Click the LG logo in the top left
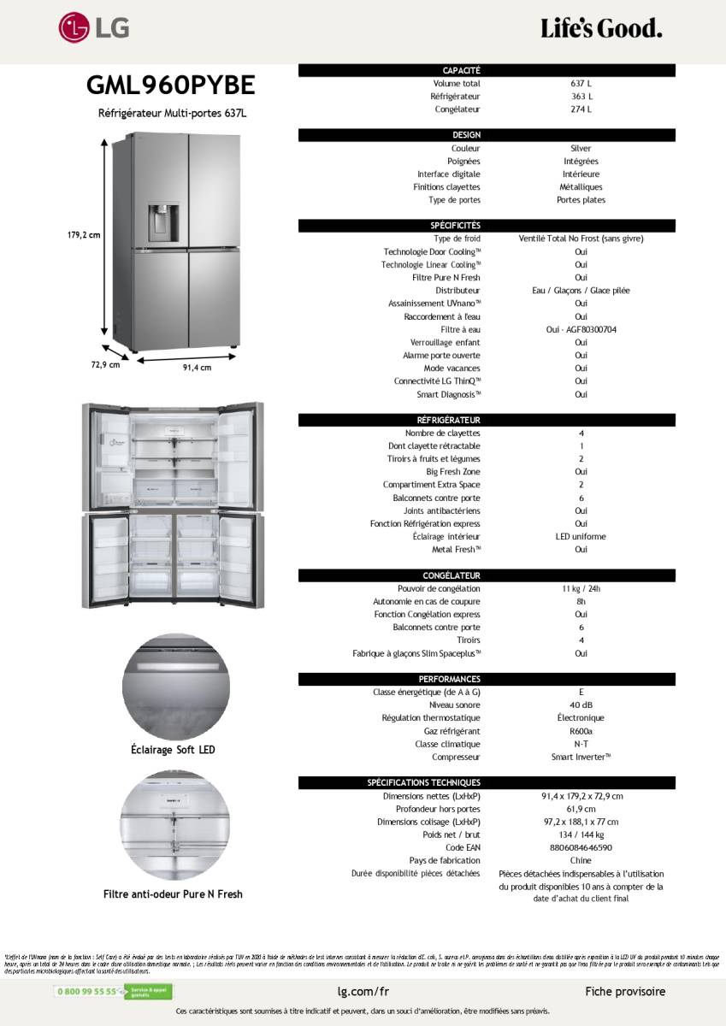click(x=94, y=28)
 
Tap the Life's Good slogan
click(x=601, y=29)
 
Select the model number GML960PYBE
click(x=170, y=85)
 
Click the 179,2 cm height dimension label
click(x=84, y=234)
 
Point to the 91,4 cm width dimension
click(x=197, y=368)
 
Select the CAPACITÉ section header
click(x=462, y=70)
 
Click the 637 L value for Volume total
click(x=581, y=84)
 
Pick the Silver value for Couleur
click(x=581, y=149)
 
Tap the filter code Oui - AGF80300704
click(x=581, y=330)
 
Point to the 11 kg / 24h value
click(x=581, y=589)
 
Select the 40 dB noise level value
click(x=581, y=705)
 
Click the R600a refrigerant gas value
click(x=581, y=732)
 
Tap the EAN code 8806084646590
click(x=581, y=848)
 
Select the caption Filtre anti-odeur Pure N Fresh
click(x=173, y=894)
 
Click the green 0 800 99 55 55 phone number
click(x=86, y=992)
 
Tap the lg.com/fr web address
click(x=363, y=992)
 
